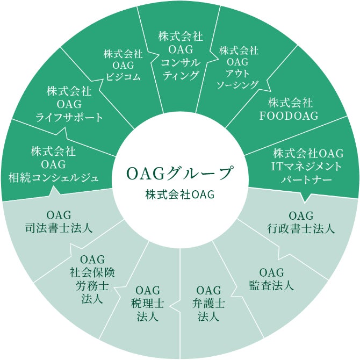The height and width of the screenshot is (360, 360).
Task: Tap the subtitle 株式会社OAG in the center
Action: click(x=179, y=194)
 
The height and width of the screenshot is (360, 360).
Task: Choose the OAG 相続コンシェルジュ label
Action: click(x=53, y=163)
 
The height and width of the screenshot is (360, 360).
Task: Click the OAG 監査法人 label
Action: click(x=271, y=278)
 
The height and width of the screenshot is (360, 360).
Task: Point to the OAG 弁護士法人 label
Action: click(x=208, y=304)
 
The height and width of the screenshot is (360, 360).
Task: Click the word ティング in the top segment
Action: click(x=181, y=75)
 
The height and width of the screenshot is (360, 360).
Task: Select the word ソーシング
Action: click(x=237, y=85)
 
